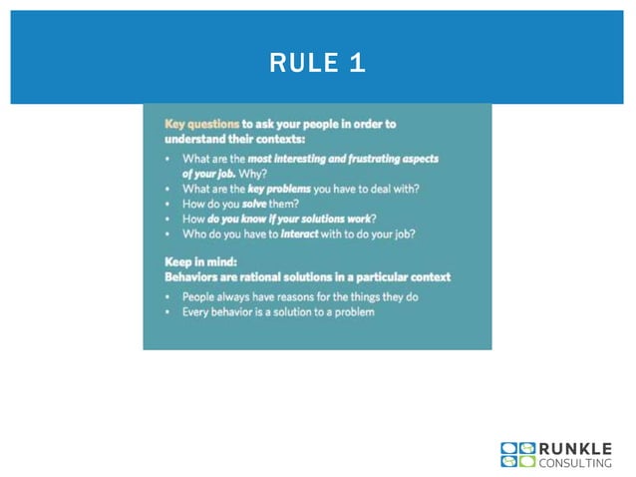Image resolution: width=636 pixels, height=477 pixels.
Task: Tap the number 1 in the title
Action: click(x=357, y=64)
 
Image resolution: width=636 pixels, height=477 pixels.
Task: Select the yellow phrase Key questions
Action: click(x=201, y=124)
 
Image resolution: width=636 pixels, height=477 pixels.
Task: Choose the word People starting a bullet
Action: click(x=201, y=297)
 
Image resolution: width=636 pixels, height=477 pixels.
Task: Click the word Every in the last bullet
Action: click(x=197, y=312)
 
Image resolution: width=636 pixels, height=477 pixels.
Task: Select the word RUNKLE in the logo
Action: click(x=575, y=448)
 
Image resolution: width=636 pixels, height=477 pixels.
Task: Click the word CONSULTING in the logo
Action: click(x=575, y=462)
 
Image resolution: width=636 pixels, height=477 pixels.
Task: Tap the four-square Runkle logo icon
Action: click(x=517, y=455)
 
